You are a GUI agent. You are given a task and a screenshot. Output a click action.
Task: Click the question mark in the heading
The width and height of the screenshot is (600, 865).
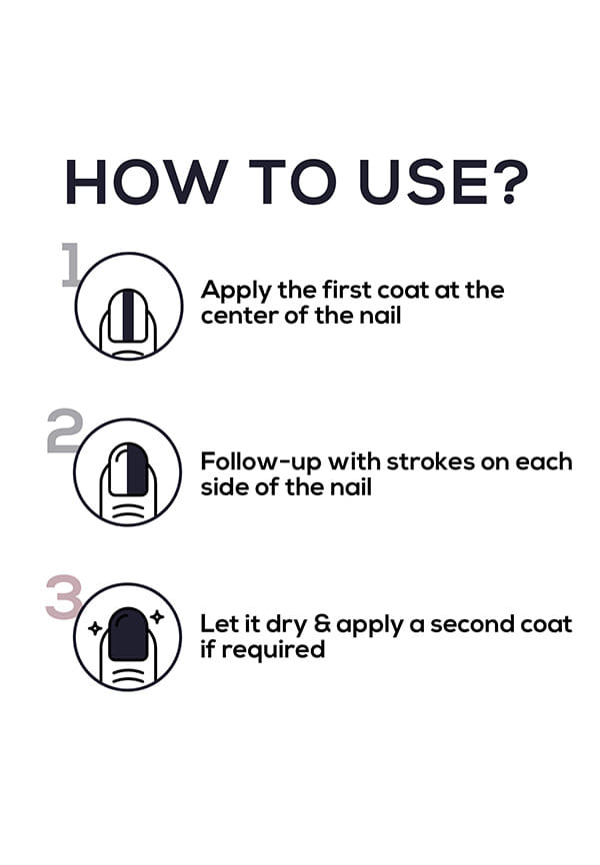(x=508, y=182)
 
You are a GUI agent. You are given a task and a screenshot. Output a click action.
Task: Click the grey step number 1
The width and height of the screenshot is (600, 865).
(x=71, y=265)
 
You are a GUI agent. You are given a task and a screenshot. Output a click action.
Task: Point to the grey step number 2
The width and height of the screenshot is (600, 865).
(x=65, y=431)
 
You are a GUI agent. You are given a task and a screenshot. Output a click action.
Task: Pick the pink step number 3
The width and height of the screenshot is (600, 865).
(x=64, y=597)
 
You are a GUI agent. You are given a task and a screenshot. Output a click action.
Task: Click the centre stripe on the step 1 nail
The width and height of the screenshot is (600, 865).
(x=128, y=316)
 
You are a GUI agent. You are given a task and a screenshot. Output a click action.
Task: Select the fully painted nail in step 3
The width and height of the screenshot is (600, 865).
(x=128, y=634)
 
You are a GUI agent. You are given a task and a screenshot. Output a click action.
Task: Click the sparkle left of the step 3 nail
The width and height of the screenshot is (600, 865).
(x=96, y=628)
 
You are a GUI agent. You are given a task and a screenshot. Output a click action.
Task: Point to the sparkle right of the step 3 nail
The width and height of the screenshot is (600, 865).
(x=157, y=616)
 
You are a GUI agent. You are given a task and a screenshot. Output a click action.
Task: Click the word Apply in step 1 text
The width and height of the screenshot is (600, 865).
(x=236, y=292)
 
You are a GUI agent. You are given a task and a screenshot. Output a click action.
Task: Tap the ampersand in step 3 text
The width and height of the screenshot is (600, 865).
(x=323, y=624)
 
